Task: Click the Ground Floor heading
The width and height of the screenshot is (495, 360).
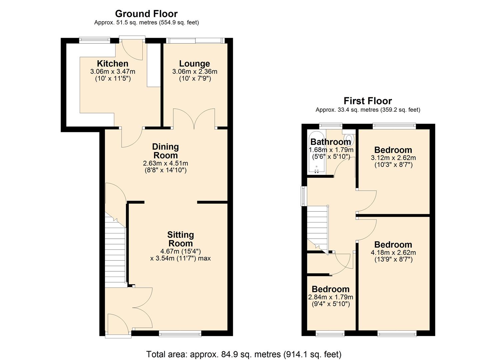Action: pyautogui.click(x=146, y=14)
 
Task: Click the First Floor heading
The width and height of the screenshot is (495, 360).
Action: pyautogui.click(x=368, y=101)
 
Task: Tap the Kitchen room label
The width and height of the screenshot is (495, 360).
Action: pyautogui.click(x=112, y=64)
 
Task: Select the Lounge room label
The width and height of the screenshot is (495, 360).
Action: pyautogui.click(x=194, y=64)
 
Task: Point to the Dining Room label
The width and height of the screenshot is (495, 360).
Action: pyautogui.click(x=165, y=151)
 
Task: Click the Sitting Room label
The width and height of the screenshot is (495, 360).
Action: pyautogui.click(x=180, y=239)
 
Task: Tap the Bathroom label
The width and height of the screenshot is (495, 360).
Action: pyautogui.click(x=330, y=142)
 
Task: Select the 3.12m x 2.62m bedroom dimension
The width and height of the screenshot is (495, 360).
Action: pyautogui.click(x=393, y=158)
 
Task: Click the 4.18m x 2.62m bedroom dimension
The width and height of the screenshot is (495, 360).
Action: pyautogui.click(x=393, y=253)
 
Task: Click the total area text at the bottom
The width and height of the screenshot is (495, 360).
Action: pyautogui.click(x=244, y=354)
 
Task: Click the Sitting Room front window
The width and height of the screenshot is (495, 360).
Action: pyautogui.click(x=180, y=333)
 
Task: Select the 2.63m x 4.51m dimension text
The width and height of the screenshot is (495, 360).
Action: pyautogui.click(x=165, y=163)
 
